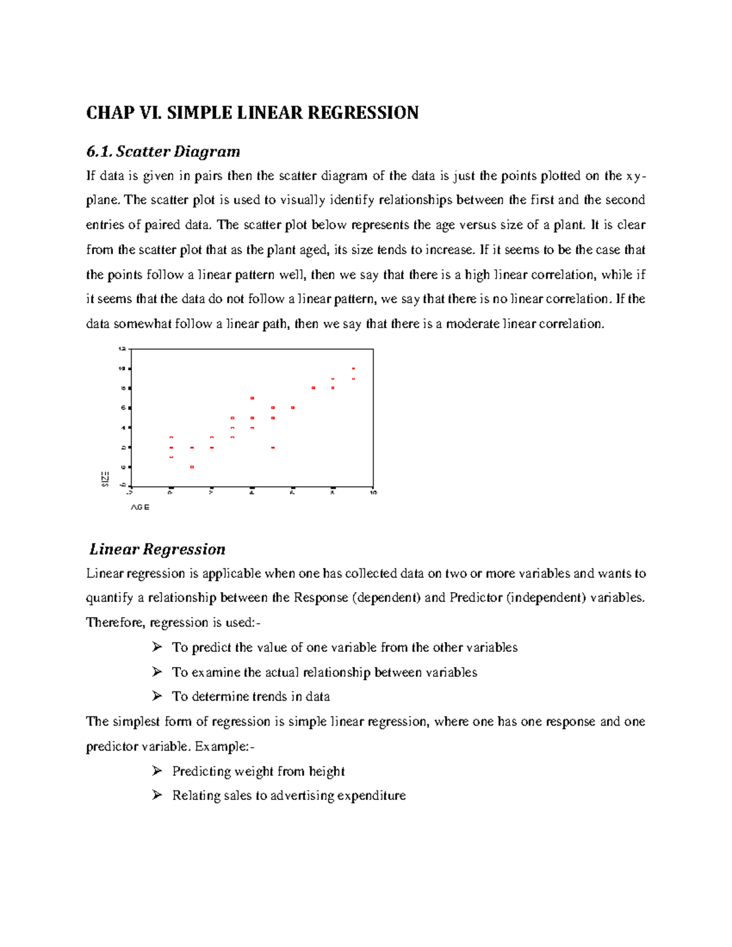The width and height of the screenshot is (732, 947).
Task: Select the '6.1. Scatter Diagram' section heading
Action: coord(163,151)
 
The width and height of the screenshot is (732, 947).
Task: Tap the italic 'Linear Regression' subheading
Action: coord(157,549)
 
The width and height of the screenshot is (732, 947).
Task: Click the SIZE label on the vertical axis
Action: coord(106,479)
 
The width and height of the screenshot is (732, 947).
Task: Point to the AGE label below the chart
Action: coord(140,507)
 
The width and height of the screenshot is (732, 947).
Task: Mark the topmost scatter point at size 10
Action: coord(353,368)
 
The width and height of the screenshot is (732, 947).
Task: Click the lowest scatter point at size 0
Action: coord(192,467)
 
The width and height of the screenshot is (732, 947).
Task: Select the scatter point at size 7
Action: coord(252,398)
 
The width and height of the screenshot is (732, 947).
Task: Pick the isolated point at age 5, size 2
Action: coord(273,448)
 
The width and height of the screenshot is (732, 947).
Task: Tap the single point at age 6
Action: coord(293,407)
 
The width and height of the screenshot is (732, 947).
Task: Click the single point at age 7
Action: coord(313,388)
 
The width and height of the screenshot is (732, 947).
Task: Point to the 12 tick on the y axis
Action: coord(121,349)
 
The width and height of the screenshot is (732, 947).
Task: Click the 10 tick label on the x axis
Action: coord(373,492)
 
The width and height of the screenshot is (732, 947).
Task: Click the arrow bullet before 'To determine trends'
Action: coord(157,696)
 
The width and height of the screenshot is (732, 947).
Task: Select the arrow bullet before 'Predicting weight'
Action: coord(157,771)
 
